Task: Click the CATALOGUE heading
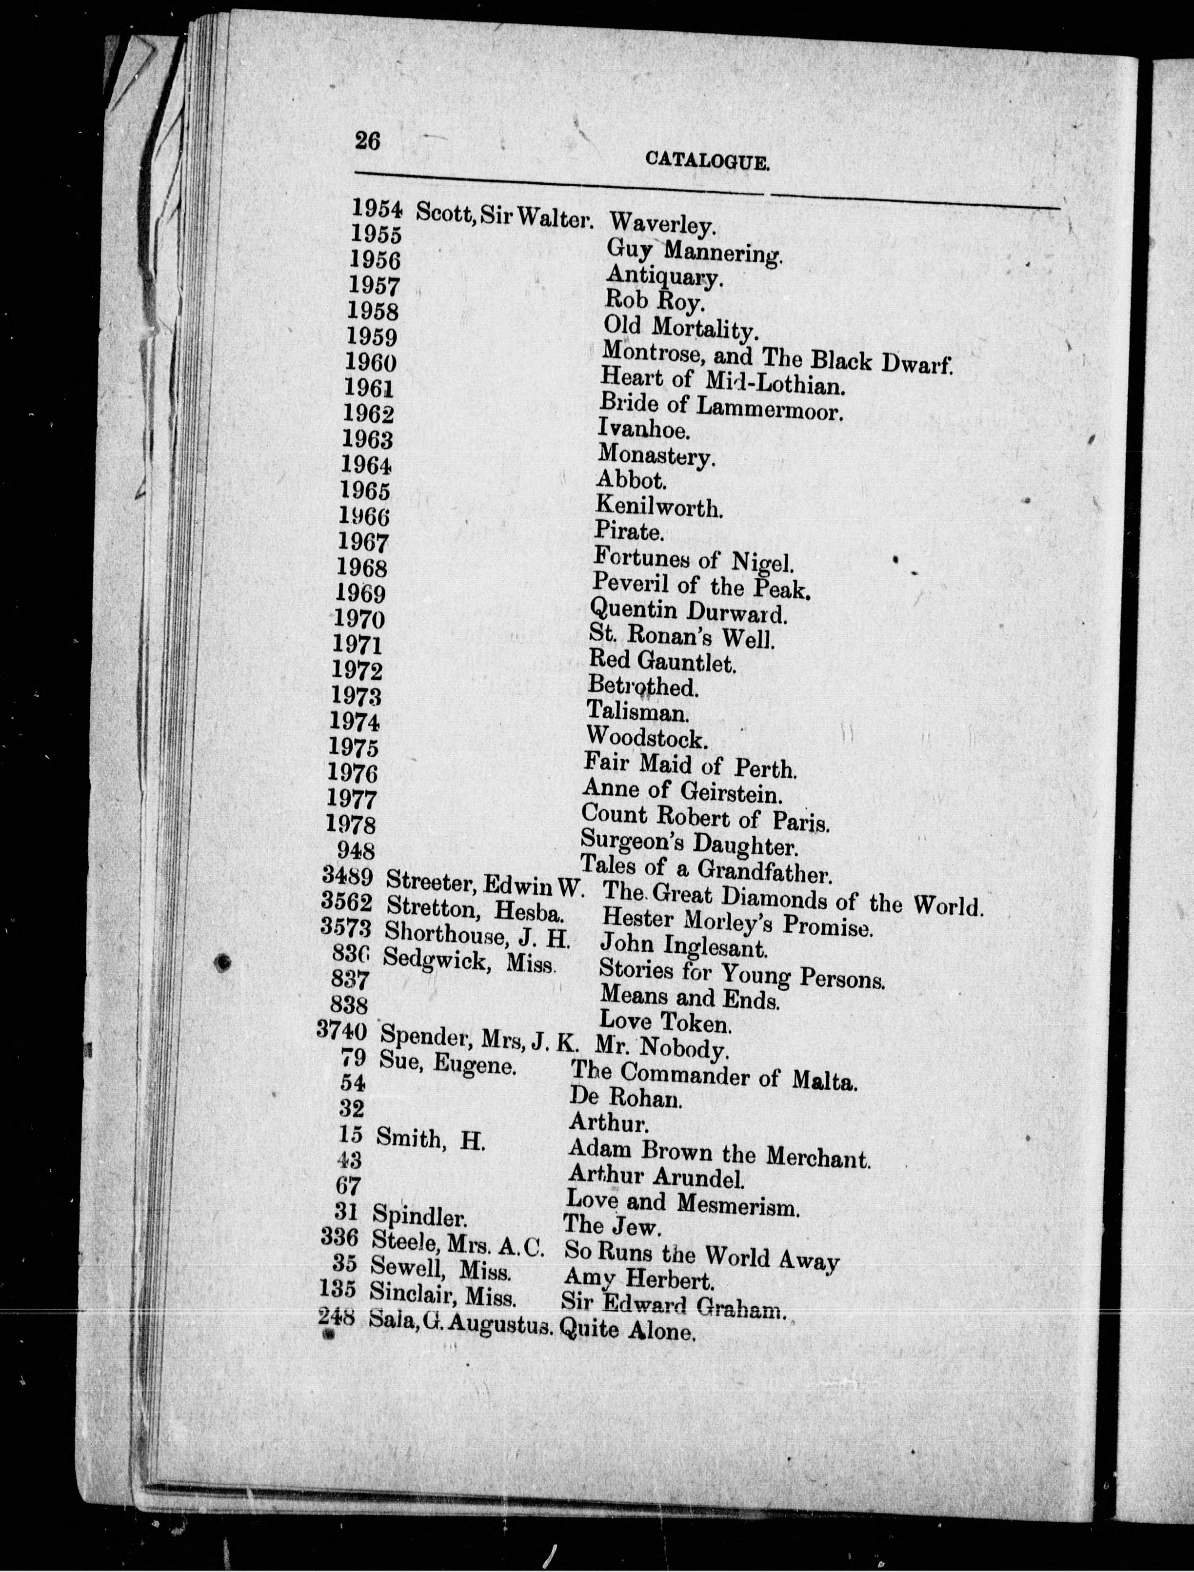(707, 161)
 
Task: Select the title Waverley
(662, 225)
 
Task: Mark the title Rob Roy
(654, 301)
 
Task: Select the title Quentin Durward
(688, 610)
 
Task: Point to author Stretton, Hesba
(476, 908)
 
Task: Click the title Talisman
(637, 711)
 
